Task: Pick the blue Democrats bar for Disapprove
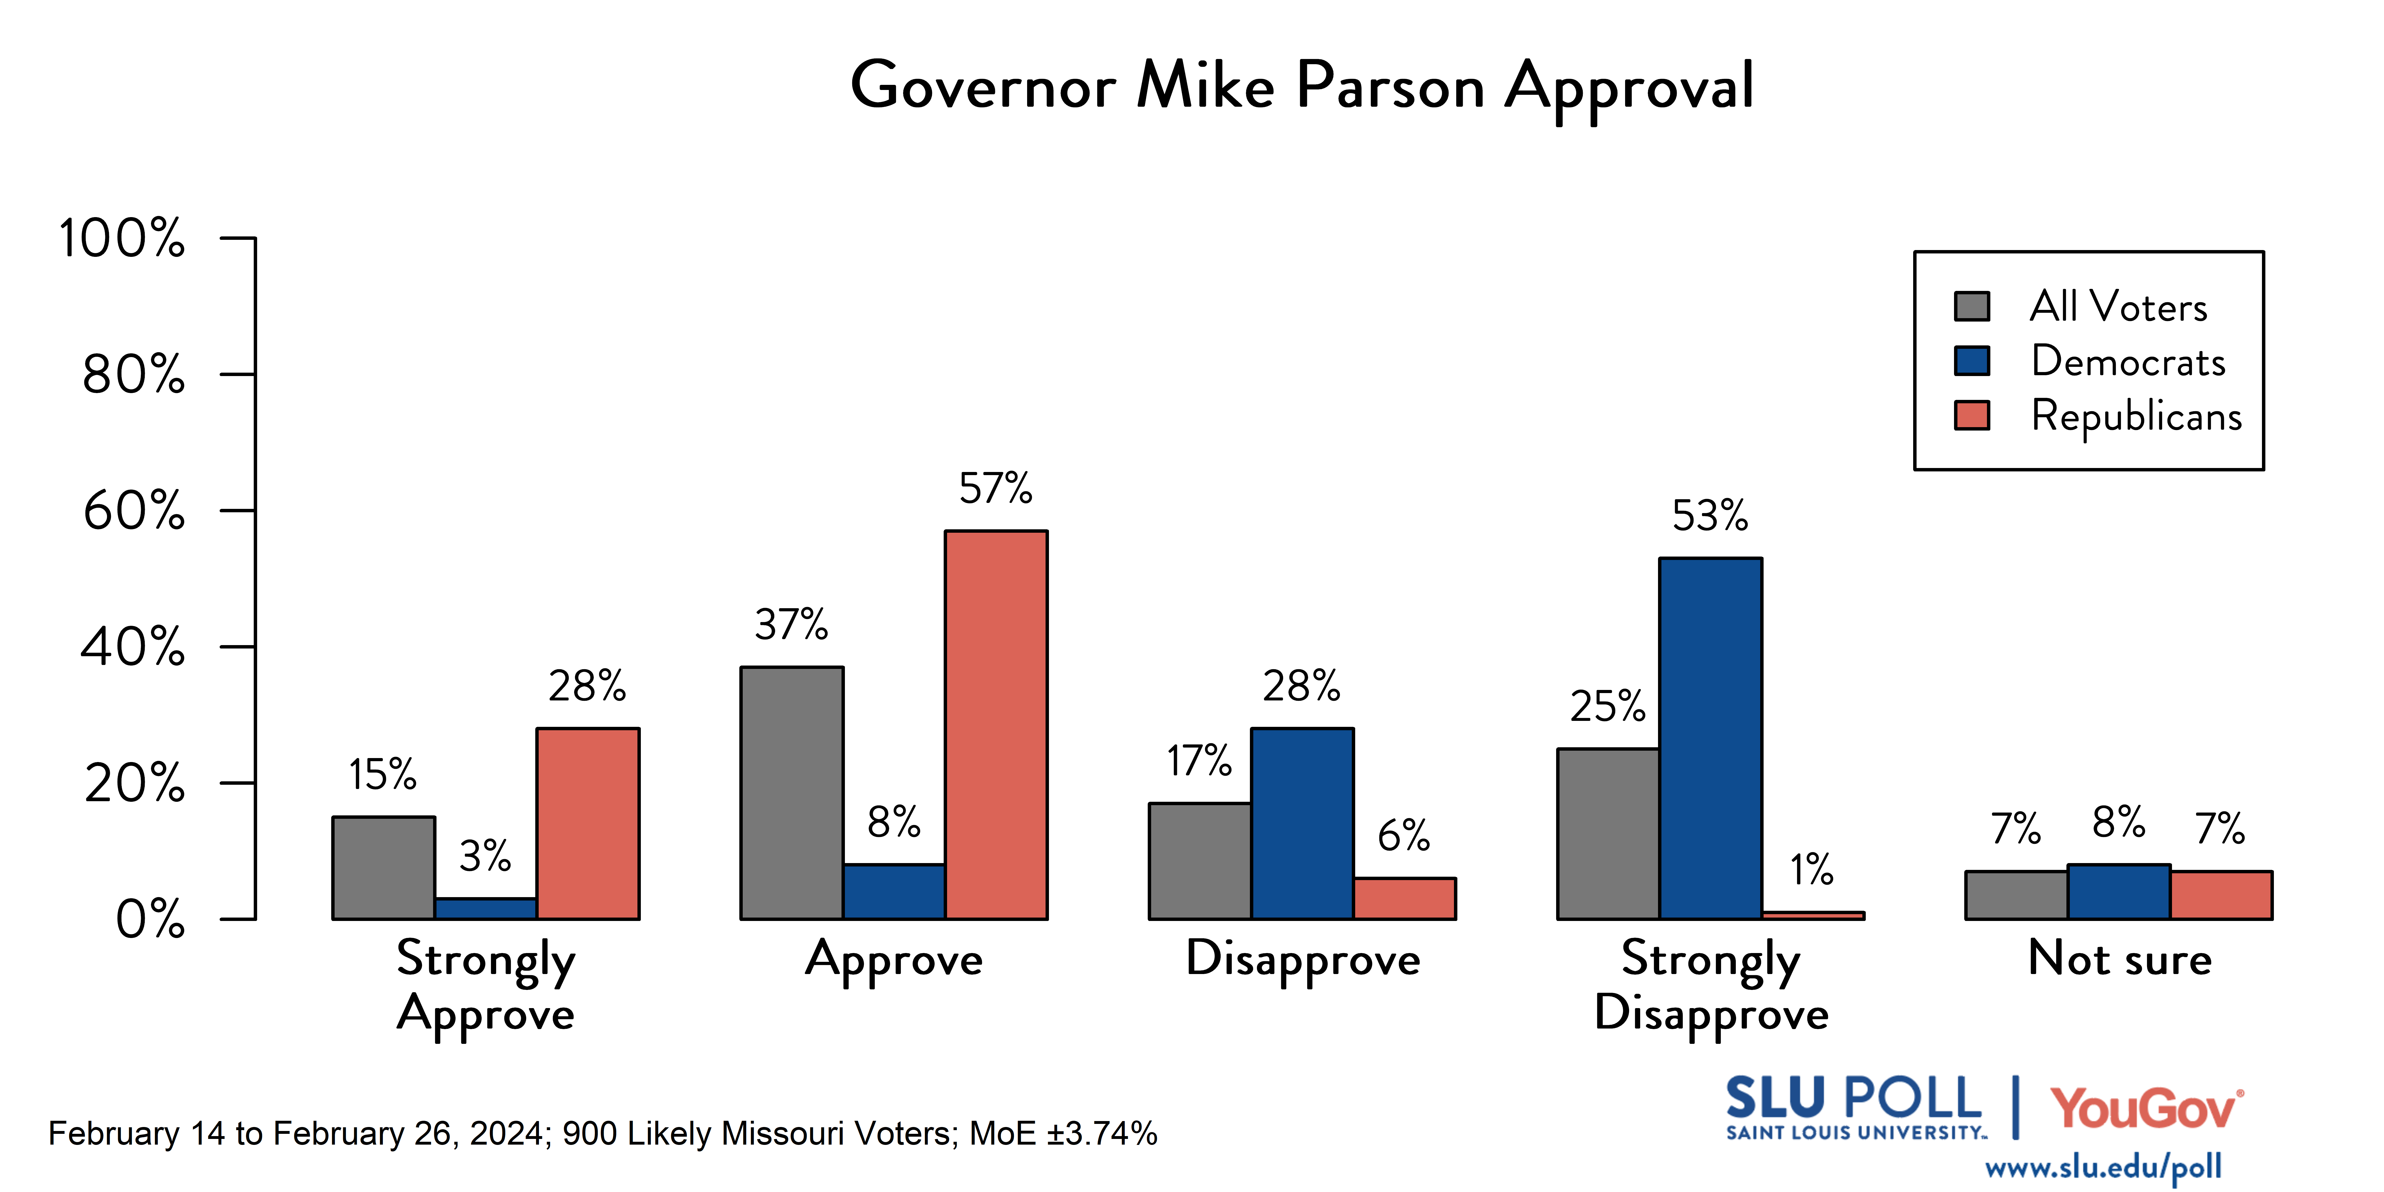(1302, 824)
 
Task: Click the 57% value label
(996, 489)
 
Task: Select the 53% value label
(1710, 517)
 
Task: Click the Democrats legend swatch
(1972, 361)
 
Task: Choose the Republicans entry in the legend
(2136, 415)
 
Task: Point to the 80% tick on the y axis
(134, 375)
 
